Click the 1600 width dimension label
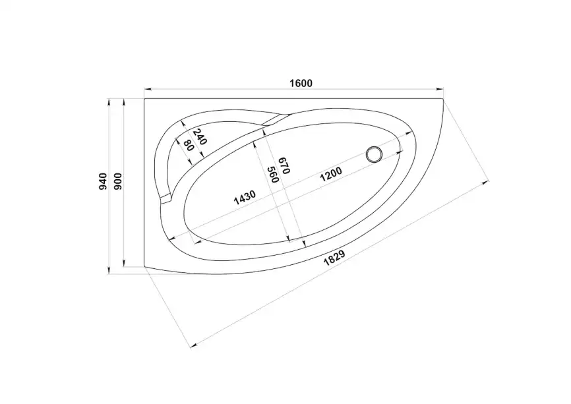(x=301, y=83)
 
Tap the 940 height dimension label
(x=103, y=181)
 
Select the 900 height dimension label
(x=118, y=181)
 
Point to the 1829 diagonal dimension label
(x=334, y=258)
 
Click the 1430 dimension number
(x=245, y=198)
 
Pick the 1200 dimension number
(x=330, y=175)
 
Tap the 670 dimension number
(x=284, y=165)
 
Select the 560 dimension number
(x=273, y=175)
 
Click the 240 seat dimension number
(x=200, y=137)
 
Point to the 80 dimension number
(x=189, y=146)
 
